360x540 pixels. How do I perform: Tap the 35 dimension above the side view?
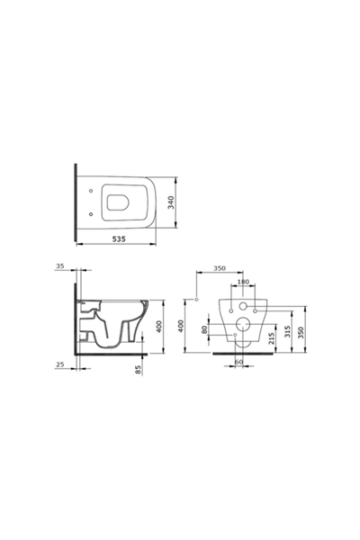click(x=59, y=268)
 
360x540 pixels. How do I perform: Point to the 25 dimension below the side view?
click(x=59, y=364)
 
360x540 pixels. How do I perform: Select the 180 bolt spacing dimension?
click(x=242, y=282)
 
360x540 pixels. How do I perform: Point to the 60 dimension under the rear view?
click(x=239, y=363)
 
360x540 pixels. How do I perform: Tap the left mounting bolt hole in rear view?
click(x=226, y=309)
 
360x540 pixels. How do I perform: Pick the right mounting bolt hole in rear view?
click(x=258, y=309)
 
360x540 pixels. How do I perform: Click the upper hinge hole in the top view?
click(x=93, y=191)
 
